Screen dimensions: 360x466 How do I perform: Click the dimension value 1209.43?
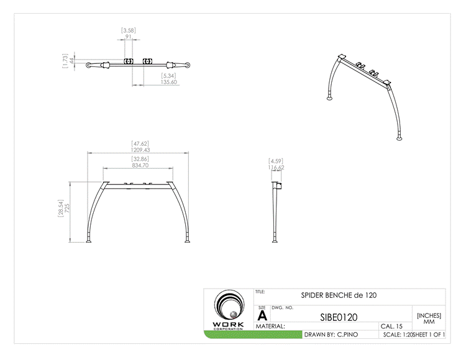pos(140,150)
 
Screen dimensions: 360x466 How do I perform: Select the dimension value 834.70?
pos(140,166)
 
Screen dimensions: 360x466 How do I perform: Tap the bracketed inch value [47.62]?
pos(140,143)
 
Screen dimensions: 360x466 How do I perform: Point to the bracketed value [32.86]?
pos(140,159)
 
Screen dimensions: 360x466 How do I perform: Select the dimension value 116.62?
pos(276,168)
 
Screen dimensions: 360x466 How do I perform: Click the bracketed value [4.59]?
pos(276,161)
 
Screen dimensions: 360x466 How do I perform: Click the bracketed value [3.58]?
pos(128,30)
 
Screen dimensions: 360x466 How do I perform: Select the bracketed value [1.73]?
pos(65,61)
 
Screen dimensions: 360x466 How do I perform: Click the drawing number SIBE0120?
pos(339,317)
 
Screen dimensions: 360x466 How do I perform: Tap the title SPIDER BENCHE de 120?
pos(339,295)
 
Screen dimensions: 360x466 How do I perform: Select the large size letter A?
pos(262,315)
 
